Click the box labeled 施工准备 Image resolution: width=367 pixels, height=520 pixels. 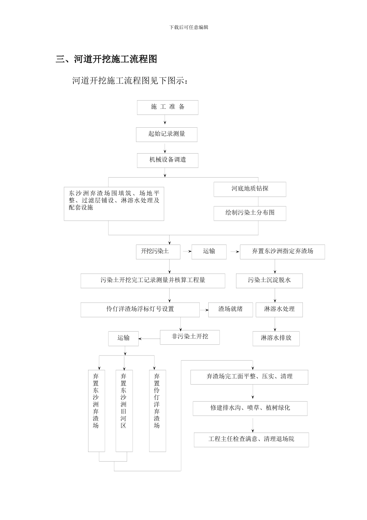pos(167,107)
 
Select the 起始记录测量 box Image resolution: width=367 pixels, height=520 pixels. pos(167,134)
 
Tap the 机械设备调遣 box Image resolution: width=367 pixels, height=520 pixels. pos(167,160)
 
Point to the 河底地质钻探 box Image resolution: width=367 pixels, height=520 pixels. pos(250,189)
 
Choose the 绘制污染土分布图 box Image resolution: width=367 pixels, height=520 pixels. pos(250,213)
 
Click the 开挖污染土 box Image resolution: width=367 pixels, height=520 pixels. pos(158,251)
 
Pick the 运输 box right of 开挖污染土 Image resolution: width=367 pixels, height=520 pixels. pos(209,251)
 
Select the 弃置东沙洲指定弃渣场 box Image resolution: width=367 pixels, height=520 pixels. pos(282,251)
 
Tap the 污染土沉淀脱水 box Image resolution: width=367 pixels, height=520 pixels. pos(269,281)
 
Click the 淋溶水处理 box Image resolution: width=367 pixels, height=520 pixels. pos(279,310)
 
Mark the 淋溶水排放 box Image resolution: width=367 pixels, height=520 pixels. pos(276,338)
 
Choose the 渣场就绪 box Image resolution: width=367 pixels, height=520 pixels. pos(231,310)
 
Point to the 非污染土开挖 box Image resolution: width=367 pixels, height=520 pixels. pos(190,337)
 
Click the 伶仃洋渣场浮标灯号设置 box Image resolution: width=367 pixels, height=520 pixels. pos(140,310)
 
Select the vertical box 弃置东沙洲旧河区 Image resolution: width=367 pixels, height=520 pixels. pos(124,411)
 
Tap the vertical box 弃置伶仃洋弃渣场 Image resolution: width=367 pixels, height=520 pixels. pos(157,411)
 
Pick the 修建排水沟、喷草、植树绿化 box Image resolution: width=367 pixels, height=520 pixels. pos(250,408)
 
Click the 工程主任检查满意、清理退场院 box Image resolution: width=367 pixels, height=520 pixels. pos(251,440)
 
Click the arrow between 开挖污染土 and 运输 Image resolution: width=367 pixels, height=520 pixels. pos(187,251)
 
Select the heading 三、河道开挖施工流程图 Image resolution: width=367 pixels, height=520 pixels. pos(106,59)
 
